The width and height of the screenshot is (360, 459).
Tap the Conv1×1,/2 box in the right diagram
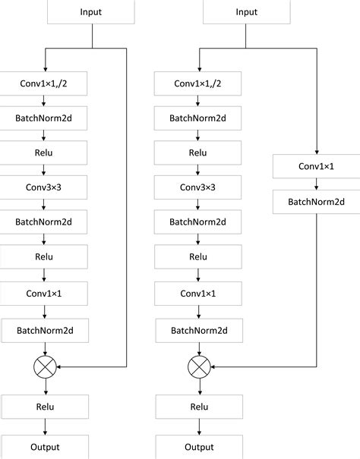199,83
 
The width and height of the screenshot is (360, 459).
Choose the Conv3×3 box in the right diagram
199,187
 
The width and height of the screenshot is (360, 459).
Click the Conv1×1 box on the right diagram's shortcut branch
317,166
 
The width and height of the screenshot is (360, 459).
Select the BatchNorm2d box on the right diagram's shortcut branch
317,201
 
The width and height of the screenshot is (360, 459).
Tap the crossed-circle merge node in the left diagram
46,368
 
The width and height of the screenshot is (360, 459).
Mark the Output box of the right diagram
199,447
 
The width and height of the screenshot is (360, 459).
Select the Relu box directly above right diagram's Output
199,407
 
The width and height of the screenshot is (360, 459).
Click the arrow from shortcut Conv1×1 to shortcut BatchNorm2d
317,184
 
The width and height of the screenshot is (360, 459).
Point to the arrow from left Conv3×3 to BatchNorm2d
45,204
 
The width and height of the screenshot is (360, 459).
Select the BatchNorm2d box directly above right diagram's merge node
199,330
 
